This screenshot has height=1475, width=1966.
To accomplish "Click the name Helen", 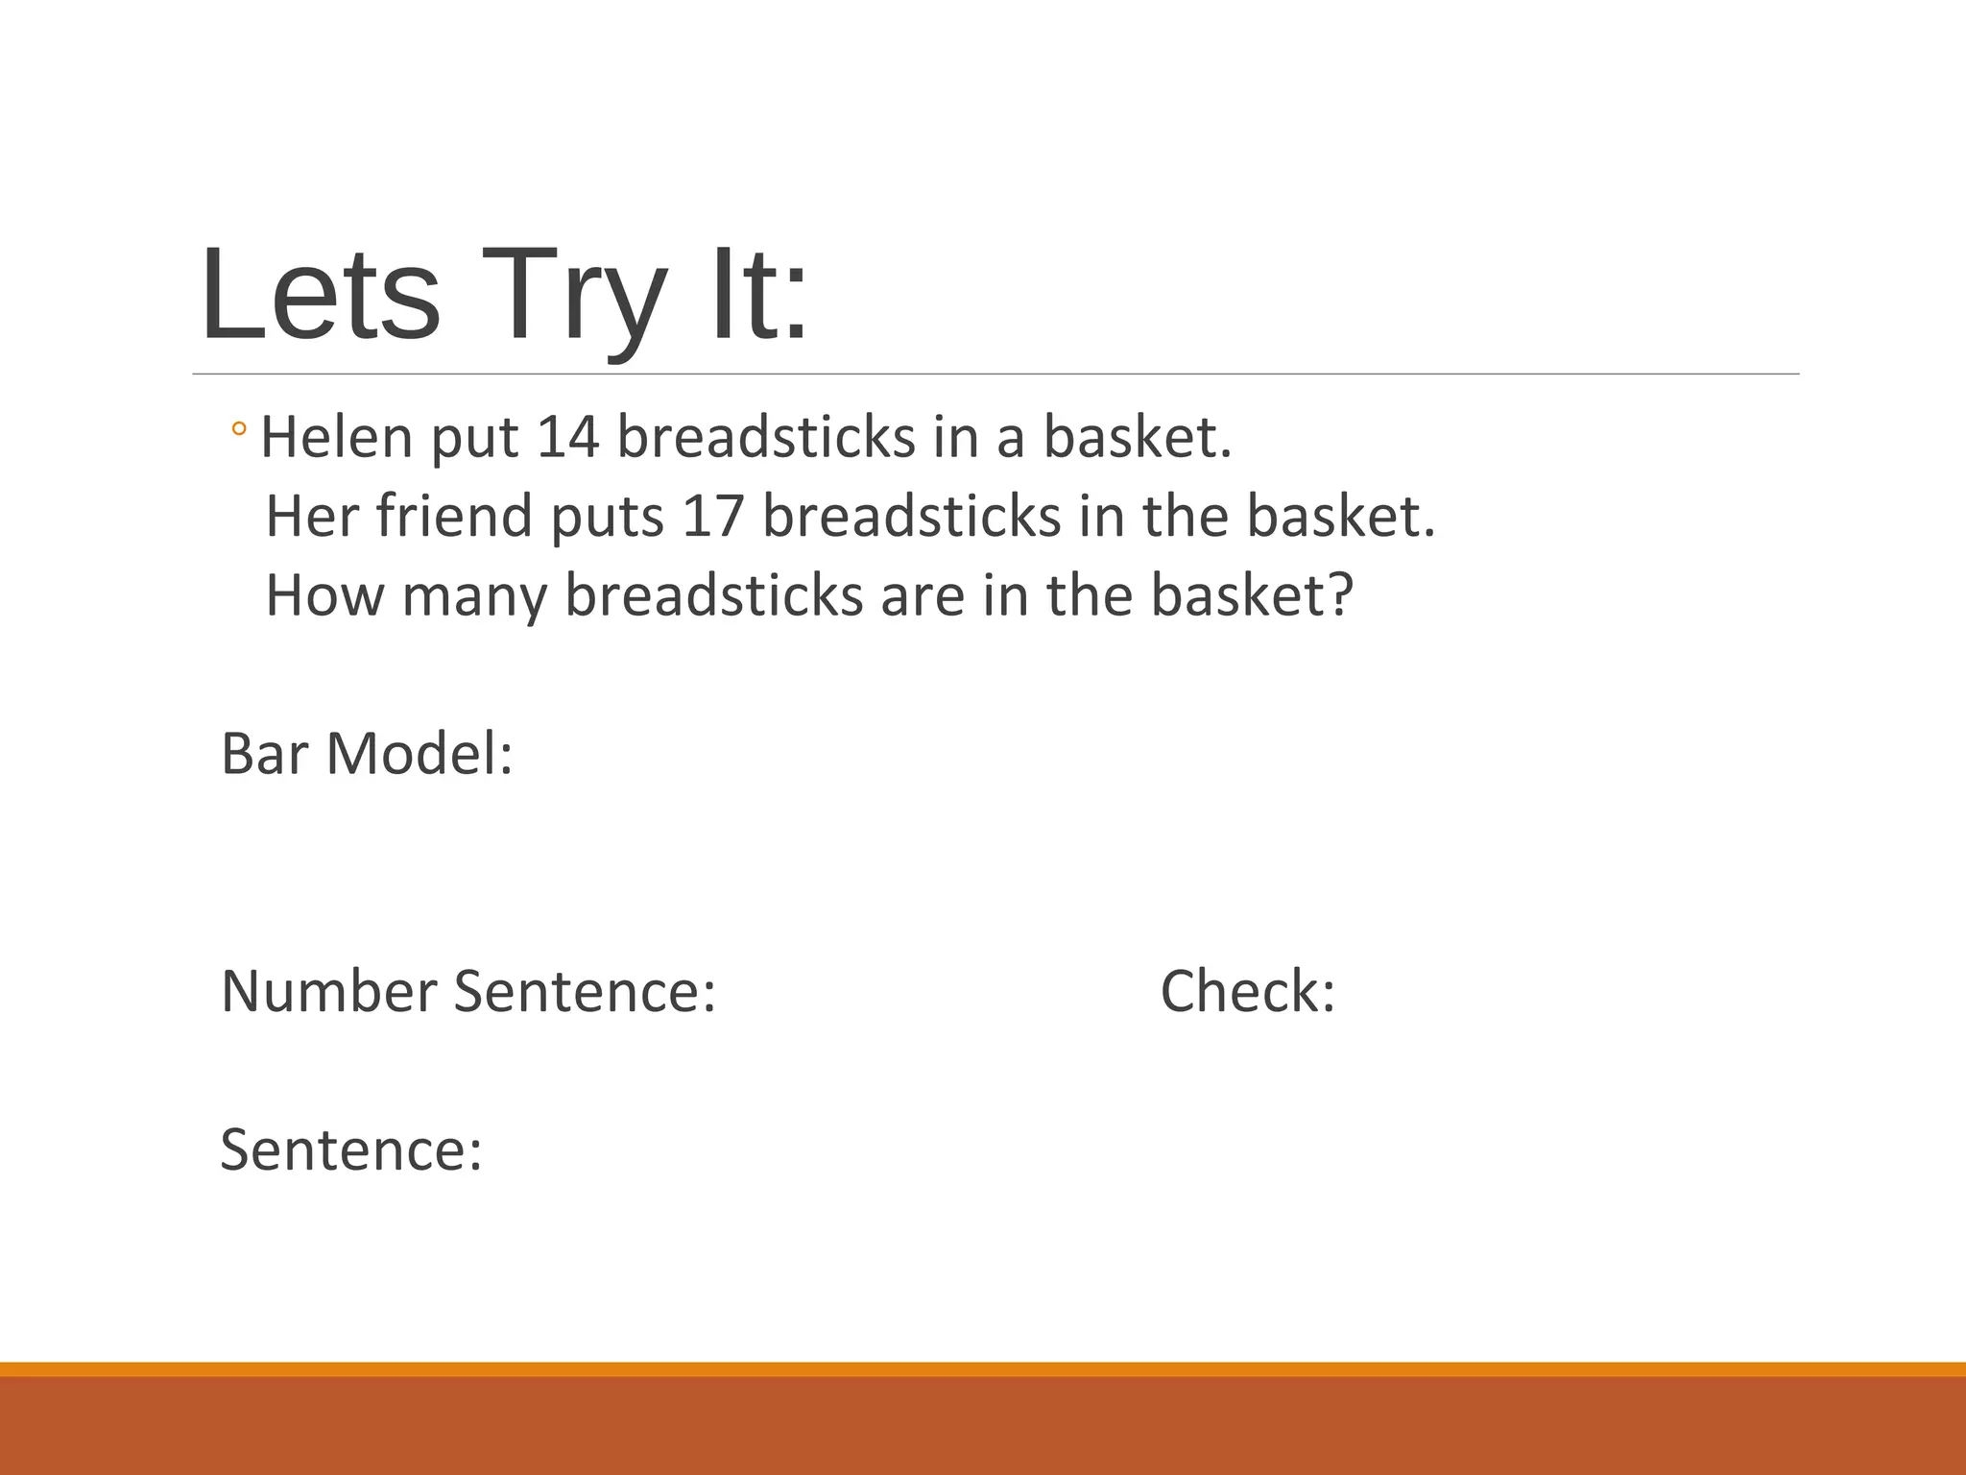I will [x=337, y=437].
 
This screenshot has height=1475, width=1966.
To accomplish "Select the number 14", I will [x=567, y=437].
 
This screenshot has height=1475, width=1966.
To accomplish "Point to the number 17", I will [x=713, y=516].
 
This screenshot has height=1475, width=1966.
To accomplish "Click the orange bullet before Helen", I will [x=239, y=429].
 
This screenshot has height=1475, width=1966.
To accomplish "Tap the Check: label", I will [x=1248, y=991].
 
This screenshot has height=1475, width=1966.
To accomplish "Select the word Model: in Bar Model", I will [x=420, y=754].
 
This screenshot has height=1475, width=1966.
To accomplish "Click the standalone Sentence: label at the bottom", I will [x=351, y=1149].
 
